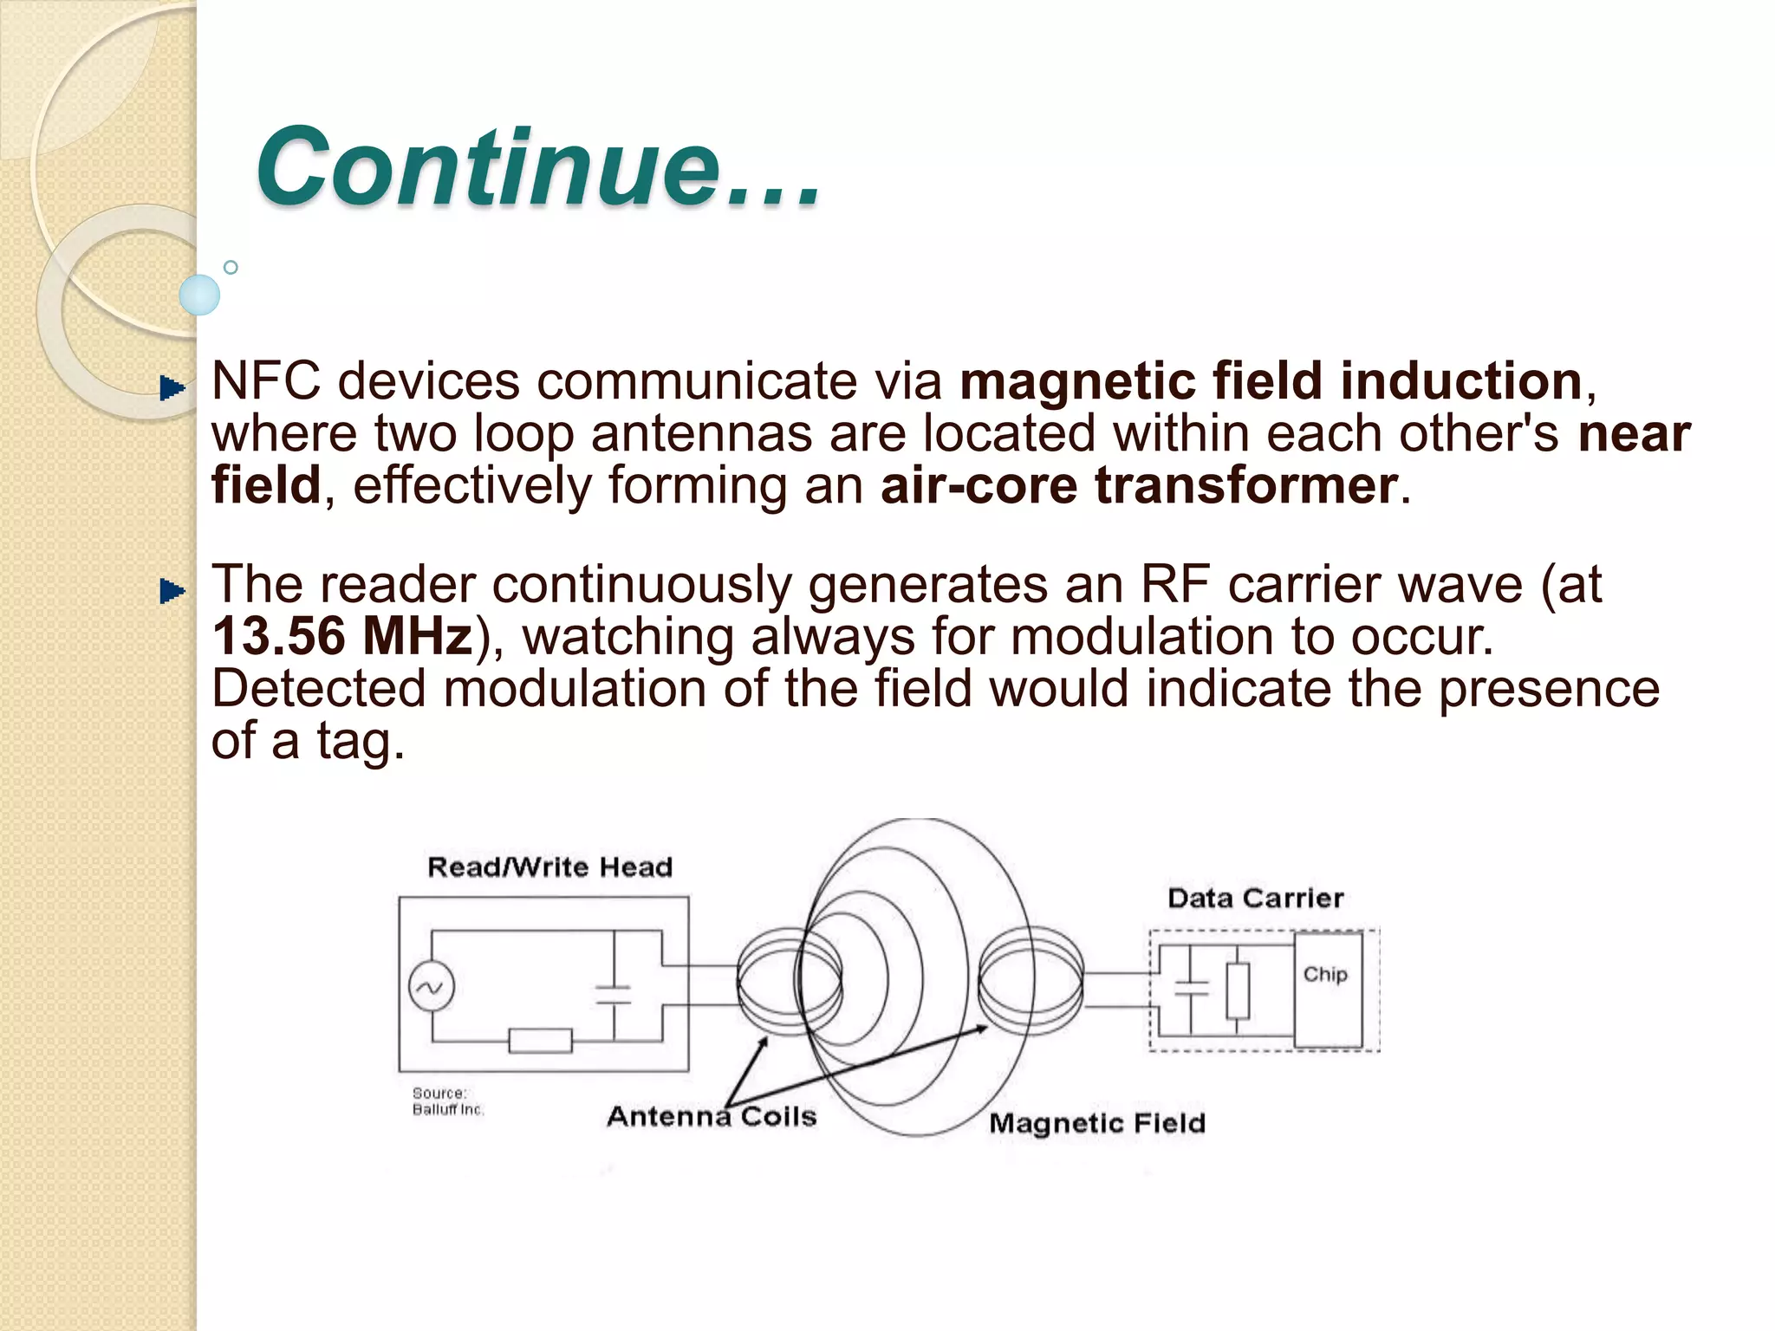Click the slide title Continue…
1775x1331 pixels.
pos(537,166)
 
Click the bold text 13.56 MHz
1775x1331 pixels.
pos(342,636)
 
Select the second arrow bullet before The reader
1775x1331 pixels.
pos(172,592)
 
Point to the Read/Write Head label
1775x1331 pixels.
pos(549,867)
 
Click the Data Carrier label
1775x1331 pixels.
pos(1255,898)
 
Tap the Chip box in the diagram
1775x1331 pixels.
pos(1327,990)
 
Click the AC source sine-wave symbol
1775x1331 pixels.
pos(431,988)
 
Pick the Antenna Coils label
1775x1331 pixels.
pos(712,1116)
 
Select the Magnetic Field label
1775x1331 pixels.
pos(1097,1123)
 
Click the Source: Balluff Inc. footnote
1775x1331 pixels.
pos(447,1101)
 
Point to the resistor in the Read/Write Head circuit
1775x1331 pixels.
pos(540,1040)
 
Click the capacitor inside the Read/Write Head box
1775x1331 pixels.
pos(614,995)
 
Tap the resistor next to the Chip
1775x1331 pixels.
pos(1238,990)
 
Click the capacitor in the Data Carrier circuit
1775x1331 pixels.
pos(1191,989)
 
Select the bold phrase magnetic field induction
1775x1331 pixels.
pos(1271,381)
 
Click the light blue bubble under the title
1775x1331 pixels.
pos(199,295)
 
